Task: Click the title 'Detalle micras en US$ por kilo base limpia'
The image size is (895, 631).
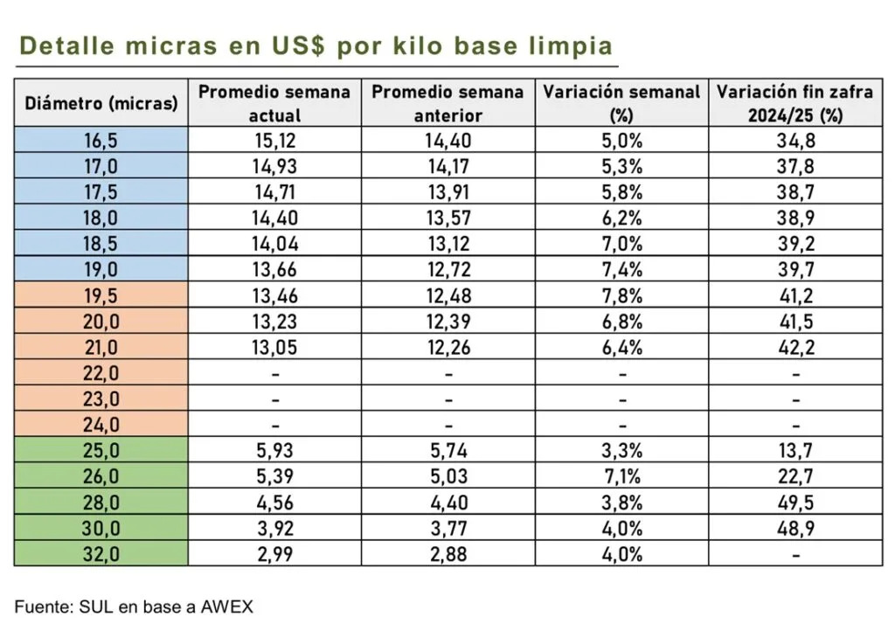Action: pyautogui.click(x=316, y=45)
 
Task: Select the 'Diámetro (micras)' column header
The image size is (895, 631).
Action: pyautogui.click(x=101, y=103)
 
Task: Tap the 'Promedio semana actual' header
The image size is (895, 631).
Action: pyautogui.click(x=274, y=103)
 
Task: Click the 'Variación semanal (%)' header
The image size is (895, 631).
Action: pyautogui.click(x=621, y=103)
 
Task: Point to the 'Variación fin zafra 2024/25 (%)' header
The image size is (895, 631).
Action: pyautogui.click(x=794, y=103)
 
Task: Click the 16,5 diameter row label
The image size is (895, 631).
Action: pyautogui.click(x=101, y=140)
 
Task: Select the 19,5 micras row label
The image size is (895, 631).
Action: pyautogui.click(x=101, y=295)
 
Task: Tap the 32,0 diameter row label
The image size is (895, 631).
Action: pyautogui.click(x=101, y=553)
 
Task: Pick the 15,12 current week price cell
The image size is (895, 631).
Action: pyautogui.click(x=274, y=140)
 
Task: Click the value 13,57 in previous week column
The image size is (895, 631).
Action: pyautogui.click(x=447, y=218)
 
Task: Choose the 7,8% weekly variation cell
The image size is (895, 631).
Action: pyautogui.click(x=621, y=295)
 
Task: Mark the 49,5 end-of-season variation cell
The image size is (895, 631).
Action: pyautogui.click(x=794, y=502)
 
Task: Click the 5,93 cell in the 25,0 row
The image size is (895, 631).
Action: pyautogui.click(x=274, y=450)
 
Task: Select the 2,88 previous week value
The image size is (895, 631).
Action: pyautogui.click(x=447, y=553)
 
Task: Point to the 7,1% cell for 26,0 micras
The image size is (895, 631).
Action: pyautogui.click(x=621, y=476)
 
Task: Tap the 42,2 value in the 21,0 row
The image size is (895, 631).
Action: pyautogui.click(x=794, y=347)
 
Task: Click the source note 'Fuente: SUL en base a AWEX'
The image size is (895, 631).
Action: pyautogui.click(x=134, y=606)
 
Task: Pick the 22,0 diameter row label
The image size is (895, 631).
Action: pyautogui.click(x=101, y=372)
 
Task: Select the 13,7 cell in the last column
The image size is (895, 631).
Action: pyautogui.click(x=794, y=450)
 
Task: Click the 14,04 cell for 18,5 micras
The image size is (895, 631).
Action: pyautogui.click(x=274, y=243)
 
